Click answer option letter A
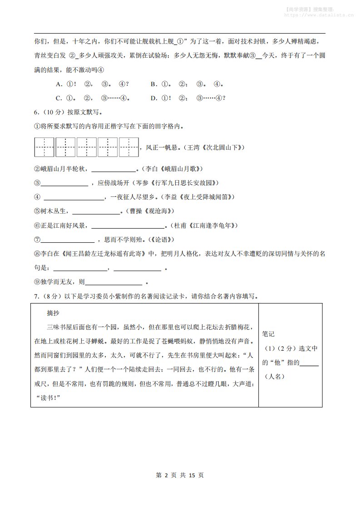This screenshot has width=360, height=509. click(59, 84)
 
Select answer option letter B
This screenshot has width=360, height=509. click(154, 84)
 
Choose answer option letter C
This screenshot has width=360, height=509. click(59, 98)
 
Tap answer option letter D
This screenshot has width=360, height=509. click(154, 98)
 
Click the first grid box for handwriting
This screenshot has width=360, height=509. click(44, 147)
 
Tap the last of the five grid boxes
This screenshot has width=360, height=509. click(129, 147)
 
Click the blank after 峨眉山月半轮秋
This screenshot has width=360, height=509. click(114, 170)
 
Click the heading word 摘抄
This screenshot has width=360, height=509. click(53, 313)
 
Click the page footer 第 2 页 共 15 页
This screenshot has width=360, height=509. click(180, 475)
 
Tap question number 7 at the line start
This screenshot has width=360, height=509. click(37, 296)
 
